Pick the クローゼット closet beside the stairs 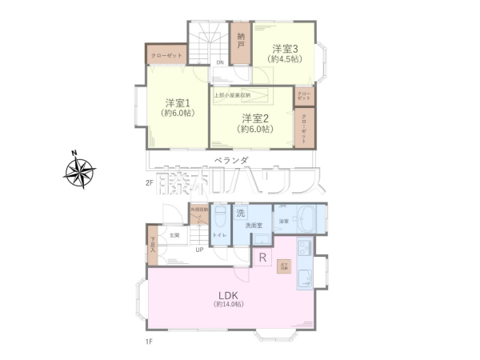coord(166,55)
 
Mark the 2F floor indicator coord(149,184)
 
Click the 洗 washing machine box coord(241,214)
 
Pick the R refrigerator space coord(262,258)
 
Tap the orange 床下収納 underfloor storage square coord(283,266)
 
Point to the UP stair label coord(198,250)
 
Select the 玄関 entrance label coord(173,235)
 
